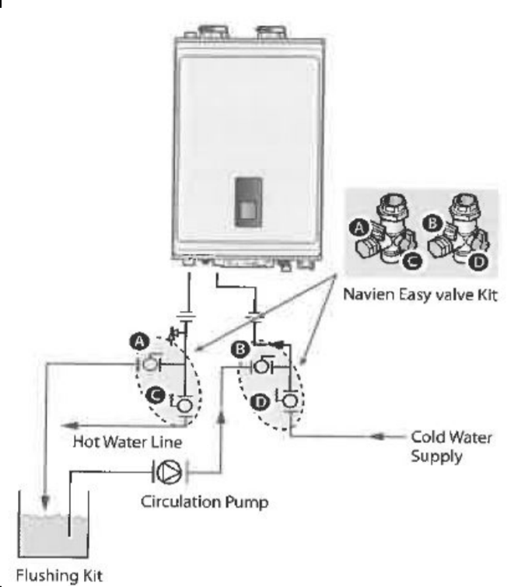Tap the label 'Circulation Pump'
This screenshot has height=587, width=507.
click(x=205, y=501)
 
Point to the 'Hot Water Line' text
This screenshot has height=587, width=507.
click(x=128, y=442)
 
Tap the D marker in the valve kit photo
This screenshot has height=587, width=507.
click(x=480, y=263)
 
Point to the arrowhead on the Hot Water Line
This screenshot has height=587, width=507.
click(x=70, y=425)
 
